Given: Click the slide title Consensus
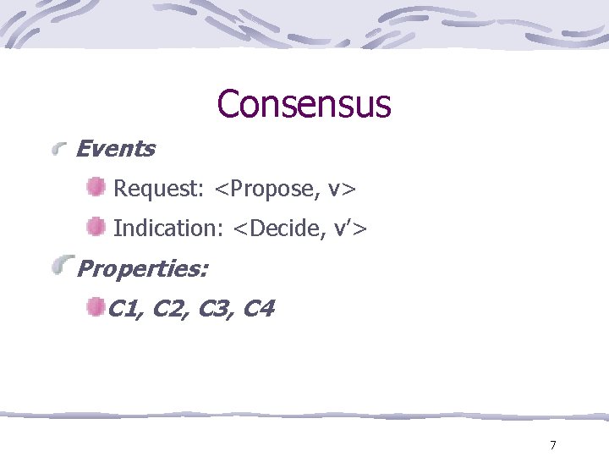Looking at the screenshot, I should [304, 104].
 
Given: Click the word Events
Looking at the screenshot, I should [115, 149].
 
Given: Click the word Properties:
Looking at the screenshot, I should [142, 269].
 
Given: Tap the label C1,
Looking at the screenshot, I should [128, 309].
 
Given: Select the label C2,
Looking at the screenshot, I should [172, 309].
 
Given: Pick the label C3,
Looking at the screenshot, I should [217, 309].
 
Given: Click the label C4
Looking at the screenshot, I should [258, 309].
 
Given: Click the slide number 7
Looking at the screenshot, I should [552, 445].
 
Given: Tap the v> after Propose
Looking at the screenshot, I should [342, 188].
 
